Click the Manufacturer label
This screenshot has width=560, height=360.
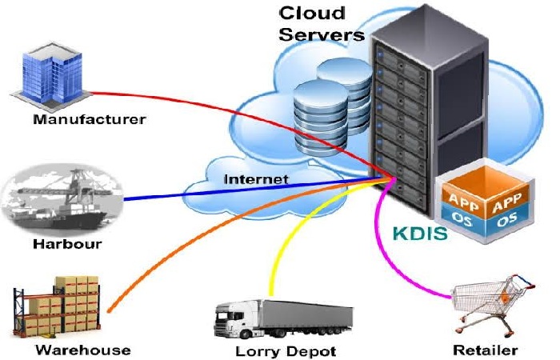[x=90, y=119]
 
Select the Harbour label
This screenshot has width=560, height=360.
[x=67, y=244]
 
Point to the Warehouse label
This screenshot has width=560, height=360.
[x=83, y=350]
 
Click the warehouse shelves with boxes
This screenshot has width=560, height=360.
[x=57, y=306]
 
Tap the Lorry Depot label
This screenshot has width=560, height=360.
[x=286, y=352]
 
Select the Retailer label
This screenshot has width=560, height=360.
[x=486, y=350]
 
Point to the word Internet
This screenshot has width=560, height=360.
[x=256, y=179]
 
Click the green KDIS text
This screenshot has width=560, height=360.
[x=420, y=234]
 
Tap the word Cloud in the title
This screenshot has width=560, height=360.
[x=312, y=14]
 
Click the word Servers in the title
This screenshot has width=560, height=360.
[x=322, y=34]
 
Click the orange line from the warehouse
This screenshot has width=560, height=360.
[x=207, y=230]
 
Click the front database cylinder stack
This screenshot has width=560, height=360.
[x=320, y=118]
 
